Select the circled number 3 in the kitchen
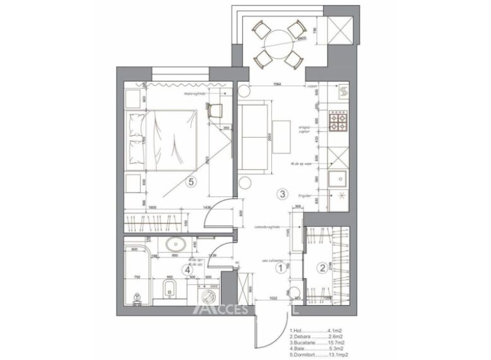click(283, 194)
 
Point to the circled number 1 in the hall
click(281, 268)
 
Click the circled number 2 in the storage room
click(322, 268)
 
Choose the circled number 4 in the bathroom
click(187, 270)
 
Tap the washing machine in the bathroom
click(208, 294)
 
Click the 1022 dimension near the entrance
click(274, 297)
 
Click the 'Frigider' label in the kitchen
click(306, 196)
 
